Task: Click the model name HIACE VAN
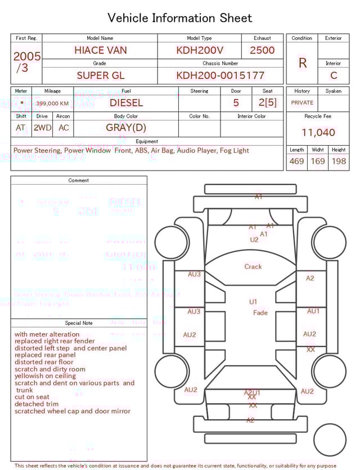point(100,50)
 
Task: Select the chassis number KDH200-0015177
point(220,75)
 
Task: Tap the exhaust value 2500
point(262,50)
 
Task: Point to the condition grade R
point(302,63)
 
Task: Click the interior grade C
point(334,75)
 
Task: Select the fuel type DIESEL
point(126,103)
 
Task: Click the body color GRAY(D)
point(126,128)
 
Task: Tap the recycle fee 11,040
point(318,133)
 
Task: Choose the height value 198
point(339,162)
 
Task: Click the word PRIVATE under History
point(302,103)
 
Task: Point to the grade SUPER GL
point(100,75)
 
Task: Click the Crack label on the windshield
point(253,267)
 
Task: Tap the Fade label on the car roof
point(260,313)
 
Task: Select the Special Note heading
point(79,323)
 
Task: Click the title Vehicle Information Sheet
point(180,18)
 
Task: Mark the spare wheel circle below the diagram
point(330,440)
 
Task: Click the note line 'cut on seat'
point(33,397)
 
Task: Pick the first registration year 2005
point(27,56)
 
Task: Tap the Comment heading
point(79,181)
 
